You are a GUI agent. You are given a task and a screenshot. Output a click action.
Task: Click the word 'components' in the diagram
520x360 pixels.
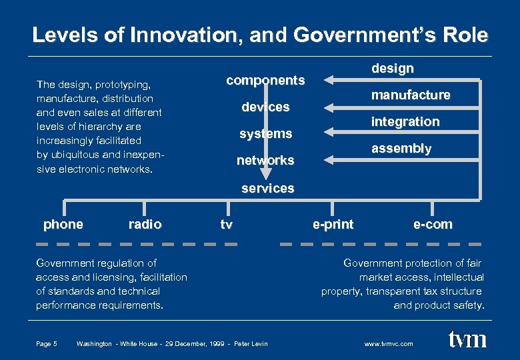coord(265,81)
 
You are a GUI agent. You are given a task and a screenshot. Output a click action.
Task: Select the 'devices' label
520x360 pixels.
coord(265,107)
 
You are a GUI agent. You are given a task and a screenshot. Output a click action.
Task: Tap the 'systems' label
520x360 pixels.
coord(265,134)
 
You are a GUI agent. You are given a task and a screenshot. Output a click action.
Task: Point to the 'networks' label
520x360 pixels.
coord(265,161)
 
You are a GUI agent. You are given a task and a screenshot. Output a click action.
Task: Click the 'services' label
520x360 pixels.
coord(267,189)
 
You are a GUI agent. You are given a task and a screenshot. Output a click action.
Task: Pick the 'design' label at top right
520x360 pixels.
coord(392,68)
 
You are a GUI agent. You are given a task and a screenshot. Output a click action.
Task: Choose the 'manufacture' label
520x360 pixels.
coord(411,95)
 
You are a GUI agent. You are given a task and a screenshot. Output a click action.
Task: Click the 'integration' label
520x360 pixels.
coord(405,121)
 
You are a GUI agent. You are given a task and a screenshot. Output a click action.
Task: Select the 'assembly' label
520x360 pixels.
coord(401,148)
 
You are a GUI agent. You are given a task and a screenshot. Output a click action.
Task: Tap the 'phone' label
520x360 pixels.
coord(63,225)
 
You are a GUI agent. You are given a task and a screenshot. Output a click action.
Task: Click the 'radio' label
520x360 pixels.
coord(145,225)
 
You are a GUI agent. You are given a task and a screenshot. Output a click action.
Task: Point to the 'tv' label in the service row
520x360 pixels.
coord(227,225)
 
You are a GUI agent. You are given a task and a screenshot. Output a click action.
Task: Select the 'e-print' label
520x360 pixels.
coord(333,225)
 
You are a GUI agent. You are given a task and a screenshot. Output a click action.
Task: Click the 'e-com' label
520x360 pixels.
coord(433,225)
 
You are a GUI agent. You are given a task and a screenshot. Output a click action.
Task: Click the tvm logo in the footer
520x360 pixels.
coord(467,340)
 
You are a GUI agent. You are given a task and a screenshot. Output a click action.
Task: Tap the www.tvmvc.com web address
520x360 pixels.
coord(389,344)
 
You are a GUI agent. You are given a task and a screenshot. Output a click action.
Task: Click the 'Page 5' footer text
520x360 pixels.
coord(47,344)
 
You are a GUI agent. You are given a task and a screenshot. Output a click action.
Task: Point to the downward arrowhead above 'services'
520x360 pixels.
coord(266,175)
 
